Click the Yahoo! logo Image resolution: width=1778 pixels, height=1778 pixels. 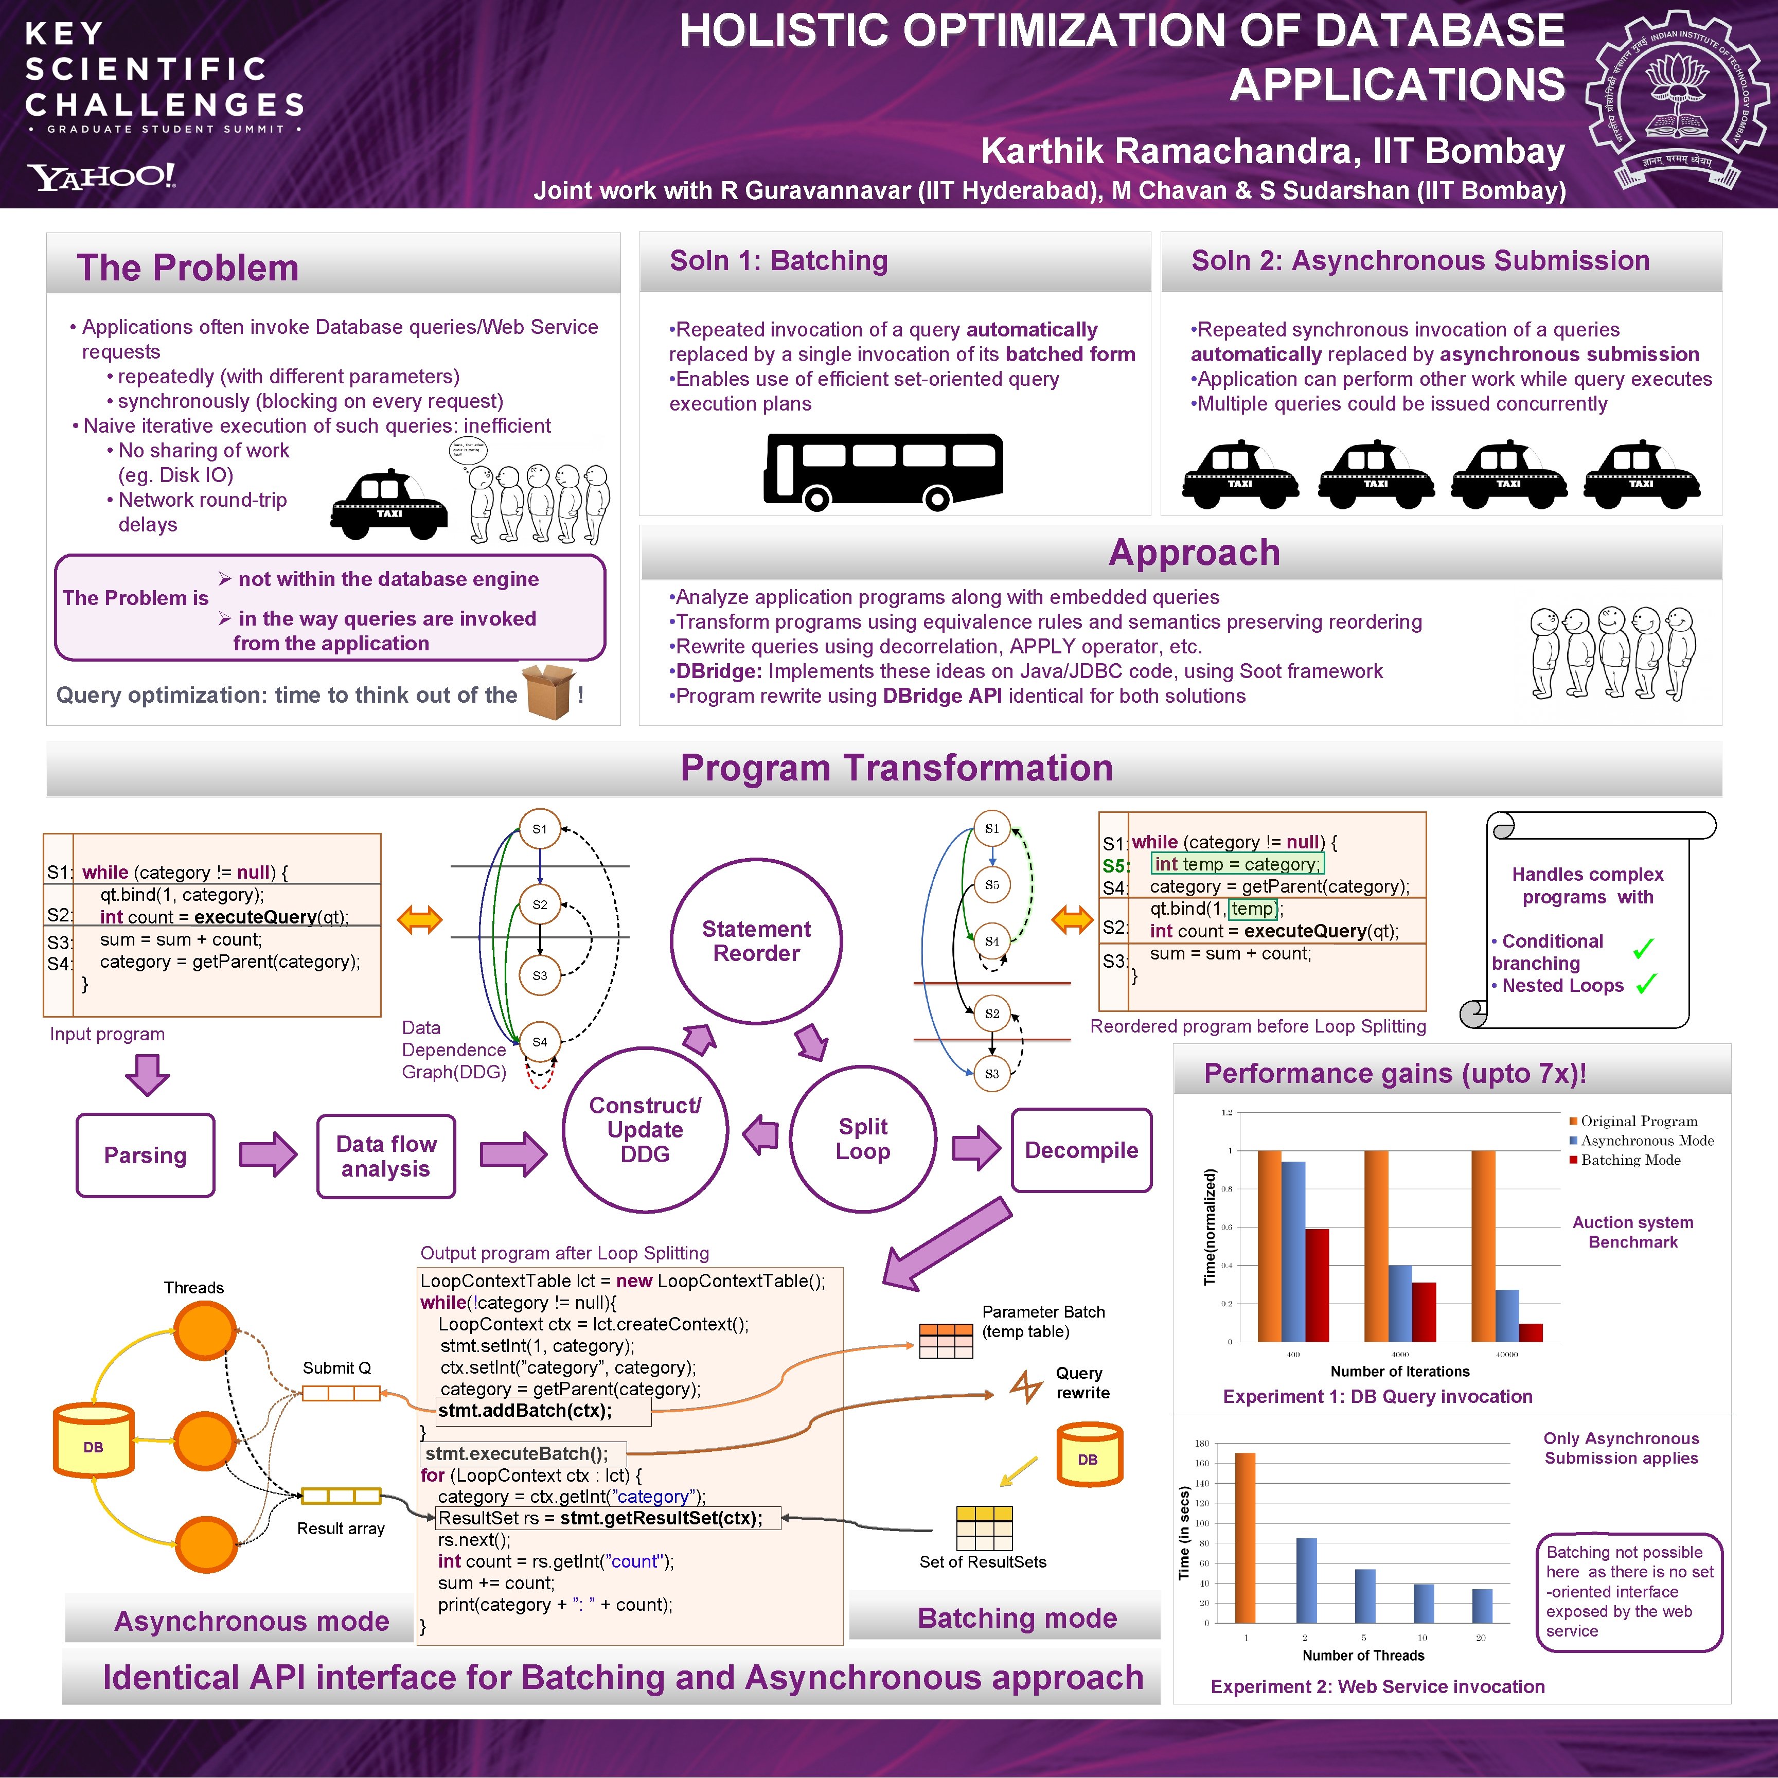pos(101,176)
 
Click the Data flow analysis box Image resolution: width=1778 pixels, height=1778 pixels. pos(386,1156)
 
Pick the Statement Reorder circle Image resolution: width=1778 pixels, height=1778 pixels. pos(756,940)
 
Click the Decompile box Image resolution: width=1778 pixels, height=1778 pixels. pos(1081,1150)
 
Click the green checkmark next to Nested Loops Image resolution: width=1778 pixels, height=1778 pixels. pos(1646,984)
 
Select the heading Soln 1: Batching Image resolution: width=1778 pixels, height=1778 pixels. pos(778,261)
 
